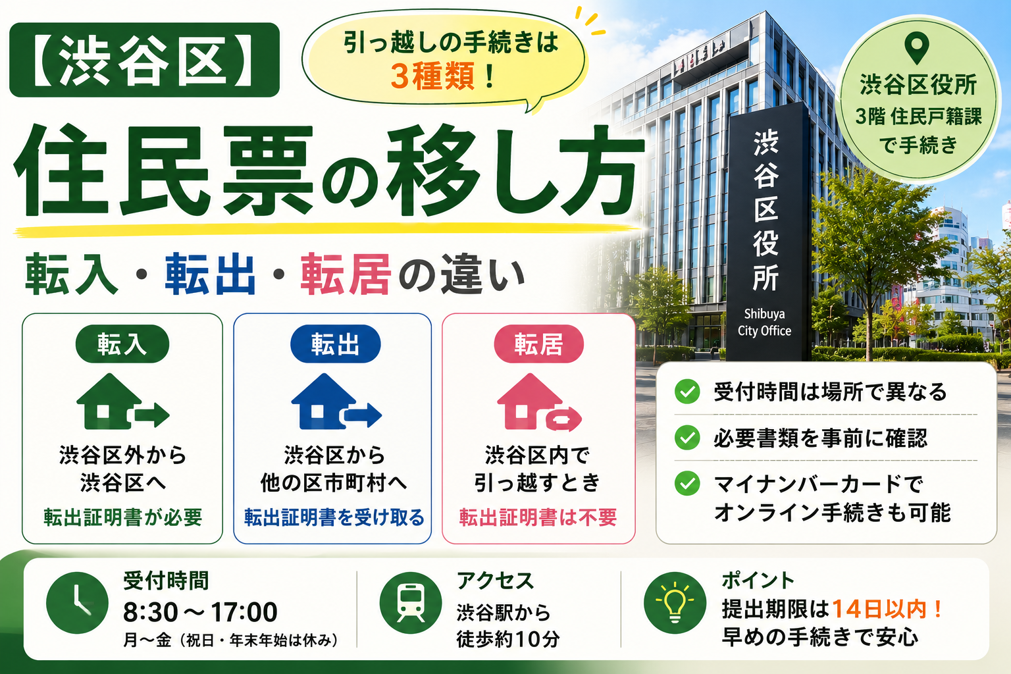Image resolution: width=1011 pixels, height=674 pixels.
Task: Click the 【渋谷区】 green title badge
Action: tap(144, 60)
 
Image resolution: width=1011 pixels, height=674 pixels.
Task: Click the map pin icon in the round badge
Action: tap(917, 48)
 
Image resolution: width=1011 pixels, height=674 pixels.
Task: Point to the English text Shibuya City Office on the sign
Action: tap(764, 322)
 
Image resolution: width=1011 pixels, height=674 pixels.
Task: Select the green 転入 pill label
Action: tap(122, 344)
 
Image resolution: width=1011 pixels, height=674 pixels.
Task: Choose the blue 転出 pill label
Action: tap(335, 344)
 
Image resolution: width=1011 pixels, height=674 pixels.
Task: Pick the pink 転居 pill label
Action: tap(539, 344)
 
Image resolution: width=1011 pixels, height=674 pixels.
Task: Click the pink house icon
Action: tap(539, 402)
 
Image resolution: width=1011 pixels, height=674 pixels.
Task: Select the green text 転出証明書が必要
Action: tap(123, 517)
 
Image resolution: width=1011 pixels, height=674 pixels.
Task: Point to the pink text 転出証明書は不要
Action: tap(538, 517)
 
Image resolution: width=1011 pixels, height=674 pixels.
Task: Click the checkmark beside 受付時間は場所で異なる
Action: tap(687, 392)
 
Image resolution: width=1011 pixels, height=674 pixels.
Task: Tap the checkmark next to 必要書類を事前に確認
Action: tap(687, 438)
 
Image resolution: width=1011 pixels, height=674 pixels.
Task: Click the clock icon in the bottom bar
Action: tap(77, 603)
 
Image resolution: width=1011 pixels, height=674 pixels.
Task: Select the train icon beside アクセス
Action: tap(410, 603)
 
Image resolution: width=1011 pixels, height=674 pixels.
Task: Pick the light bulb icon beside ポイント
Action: tap(675, 603)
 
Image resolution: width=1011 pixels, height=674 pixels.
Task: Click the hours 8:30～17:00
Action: tap(200, 612)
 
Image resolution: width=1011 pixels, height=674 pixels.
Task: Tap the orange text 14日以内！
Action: tap(887, 609)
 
